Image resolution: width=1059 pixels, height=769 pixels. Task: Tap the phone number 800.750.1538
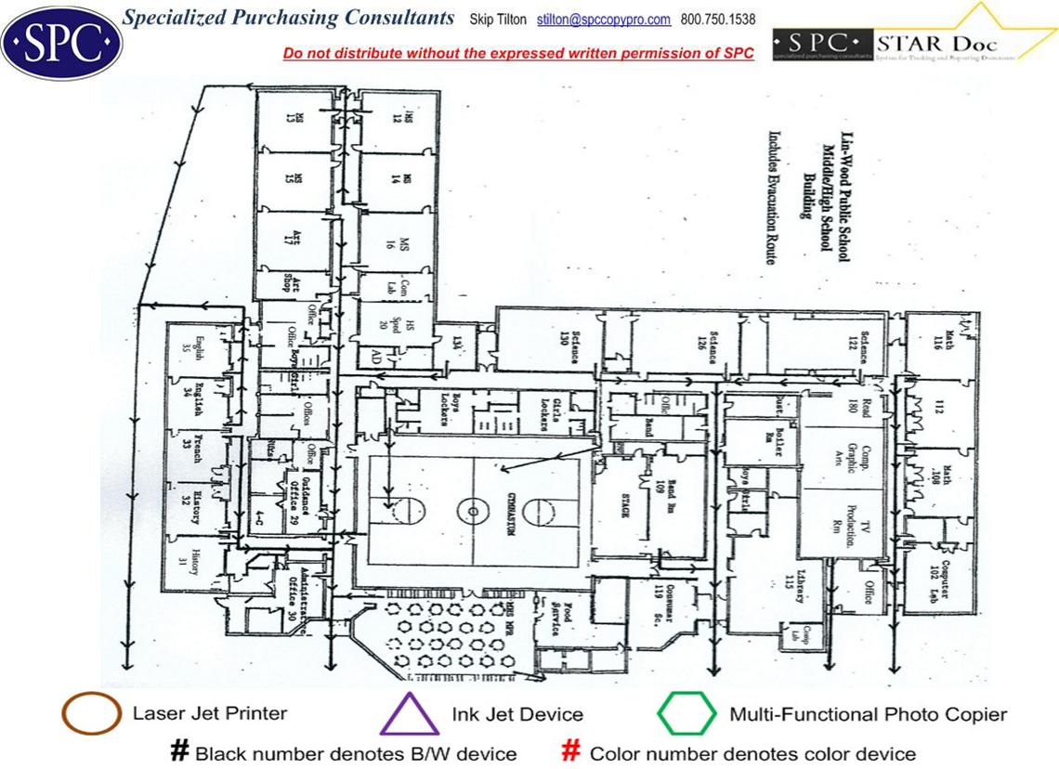718,20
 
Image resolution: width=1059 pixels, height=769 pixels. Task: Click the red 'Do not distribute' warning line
518,53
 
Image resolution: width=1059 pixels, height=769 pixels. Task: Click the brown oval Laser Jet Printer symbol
90,714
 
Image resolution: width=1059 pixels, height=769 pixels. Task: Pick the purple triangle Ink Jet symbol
410,715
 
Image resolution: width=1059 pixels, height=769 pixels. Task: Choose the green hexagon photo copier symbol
686,714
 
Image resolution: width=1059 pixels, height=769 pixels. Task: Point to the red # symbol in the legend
571,750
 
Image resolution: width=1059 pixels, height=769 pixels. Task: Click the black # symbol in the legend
179,750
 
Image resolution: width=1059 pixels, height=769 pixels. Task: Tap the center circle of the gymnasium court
473,510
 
